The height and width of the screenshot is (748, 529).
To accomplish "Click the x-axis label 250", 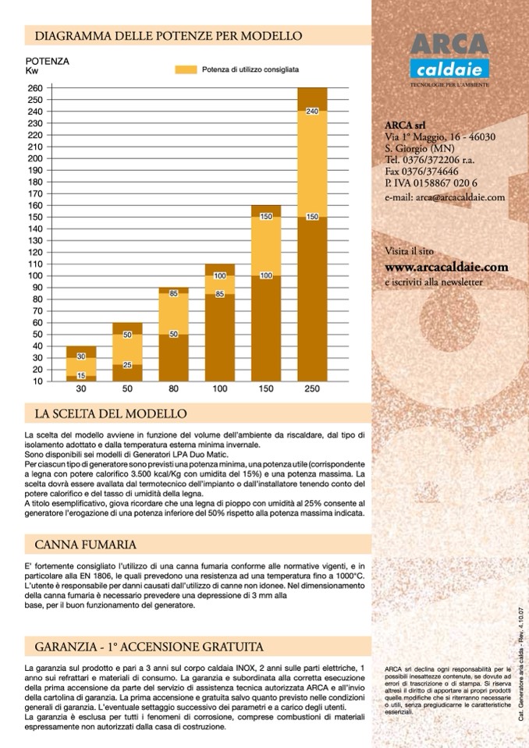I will coord(311,388).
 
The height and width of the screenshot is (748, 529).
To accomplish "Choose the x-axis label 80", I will coord(173,388).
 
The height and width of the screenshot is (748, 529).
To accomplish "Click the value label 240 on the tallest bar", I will coord(311,112).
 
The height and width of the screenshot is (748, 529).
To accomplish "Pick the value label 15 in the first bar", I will coord(81,376).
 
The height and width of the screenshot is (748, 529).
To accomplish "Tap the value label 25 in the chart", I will coord(127,365).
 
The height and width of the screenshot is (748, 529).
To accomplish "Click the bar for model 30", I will coord(81,363).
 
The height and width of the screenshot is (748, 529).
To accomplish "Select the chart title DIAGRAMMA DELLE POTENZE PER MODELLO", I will coord(163,36).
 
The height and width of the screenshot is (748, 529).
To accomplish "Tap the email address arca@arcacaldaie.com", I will coord(445,198).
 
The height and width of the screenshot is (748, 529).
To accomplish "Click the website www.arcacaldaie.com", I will coord(446,267).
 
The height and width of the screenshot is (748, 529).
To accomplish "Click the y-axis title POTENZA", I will coord(48,60).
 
